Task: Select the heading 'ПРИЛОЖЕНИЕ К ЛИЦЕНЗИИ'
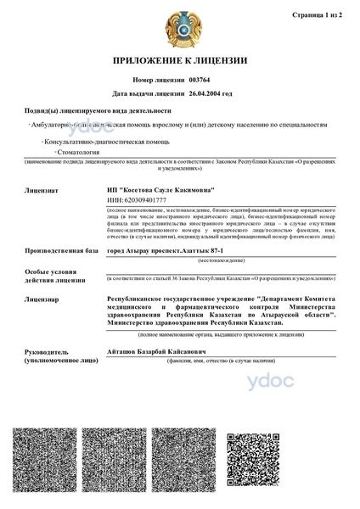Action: click(x=179, y=62)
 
